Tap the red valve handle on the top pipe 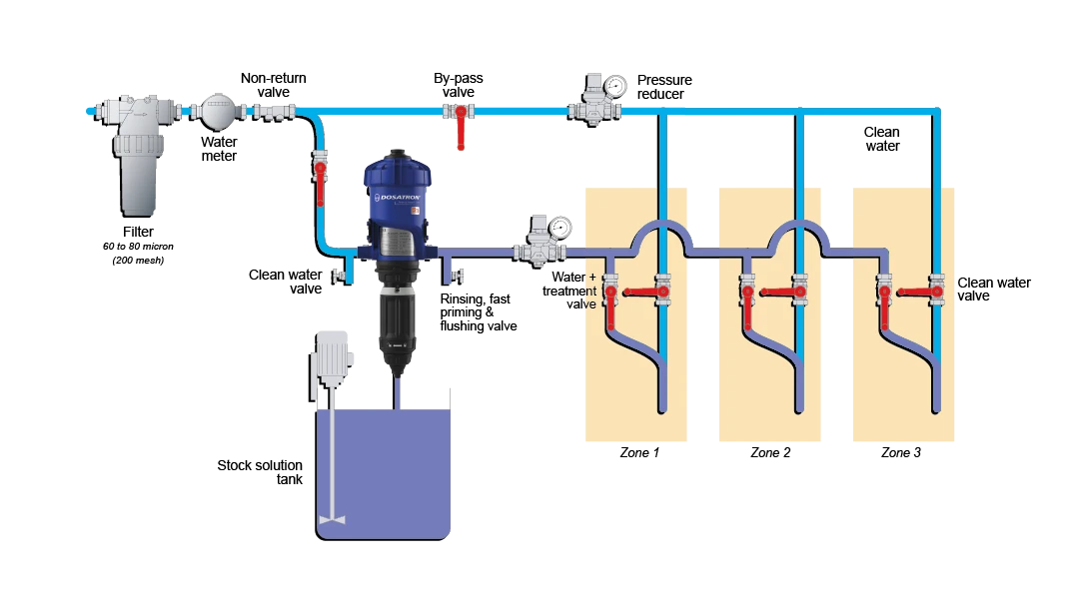pyautogui.click(x=461, y=128)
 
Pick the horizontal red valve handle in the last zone pyautogui.click(x=917, y=293)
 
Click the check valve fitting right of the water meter pyautogui.click(x=269, y=110)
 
